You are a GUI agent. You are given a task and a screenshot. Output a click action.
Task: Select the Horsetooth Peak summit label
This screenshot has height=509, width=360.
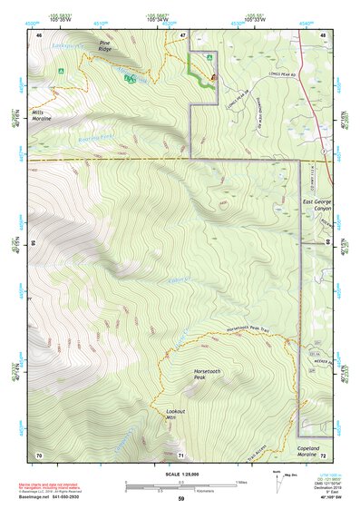point(207,375)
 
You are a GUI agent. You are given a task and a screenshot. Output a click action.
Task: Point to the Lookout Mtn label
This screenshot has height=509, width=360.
point(176,414)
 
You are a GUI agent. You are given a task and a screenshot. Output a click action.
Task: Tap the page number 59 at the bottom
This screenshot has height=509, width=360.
point(180,500)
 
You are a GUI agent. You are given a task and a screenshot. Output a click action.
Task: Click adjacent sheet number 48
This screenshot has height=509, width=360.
point(323,34)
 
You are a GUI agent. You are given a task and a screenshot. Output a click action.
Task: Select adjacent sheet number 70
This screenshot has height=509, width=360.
point(39,454)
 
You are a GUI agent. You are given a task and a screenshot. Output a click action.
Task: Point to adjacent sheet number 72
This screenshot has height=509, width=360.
point(323,454)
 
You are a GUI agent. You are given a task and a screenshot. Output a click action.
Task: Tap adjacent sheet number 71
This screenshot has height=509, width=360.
point(181,454)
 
